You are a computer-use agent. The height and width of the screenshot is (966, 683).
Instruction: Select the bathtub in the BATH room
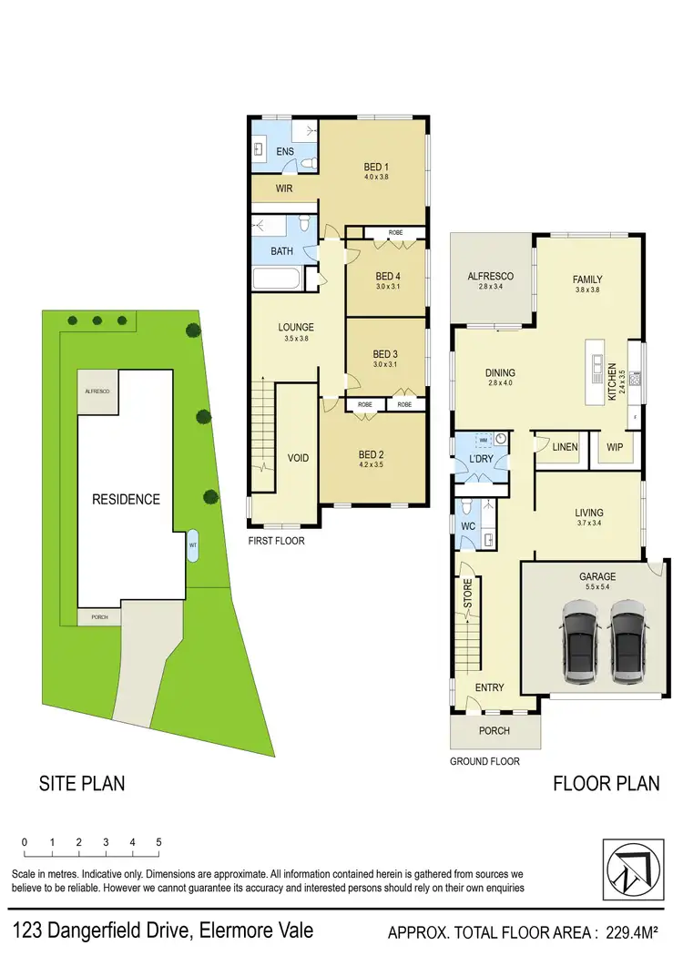(x=280, y=278)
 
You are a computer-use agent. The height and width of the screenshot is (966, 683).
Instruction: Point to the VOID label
(x=298, y=458)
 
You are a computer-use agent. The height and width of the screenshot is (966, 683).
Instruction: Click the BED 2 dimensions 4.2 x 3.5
(x=371, y=465)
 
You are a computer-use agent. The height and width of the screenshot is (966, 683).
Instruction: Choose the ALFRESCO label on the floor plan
(x=491, y=276)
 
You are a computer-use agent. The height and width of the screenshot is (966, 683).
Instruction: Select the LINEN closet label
(x=563, y=448)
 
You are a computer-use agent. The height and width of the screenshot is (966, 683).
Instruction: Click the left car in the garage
(x=578, y=642)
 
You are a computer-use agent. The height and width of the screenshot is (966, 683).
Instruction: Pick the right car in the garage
(x=627, y=642)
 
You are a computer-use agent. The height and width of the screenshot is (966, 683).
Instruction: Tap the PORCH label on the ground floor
(x=494, y=730)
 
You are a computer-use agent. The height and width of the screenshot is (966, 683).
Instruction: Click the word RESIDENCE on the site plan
(x=126, y=499)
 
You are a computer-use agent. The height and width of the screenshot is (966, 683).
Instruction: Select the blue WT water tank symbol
(x=192, y=546)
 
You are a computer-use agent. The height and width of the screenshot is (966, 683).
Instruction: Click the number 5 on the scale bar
(x=159, y=842)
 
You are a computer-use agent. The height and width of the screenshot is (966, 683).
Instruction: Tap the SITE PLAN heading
(x=81, y=783)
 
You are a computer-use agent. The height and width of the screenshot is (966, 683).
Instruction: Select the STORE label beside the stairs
(x=467, y=594)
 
